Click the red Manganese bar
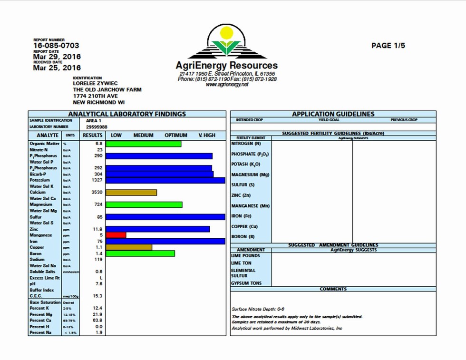(x=116, y=235)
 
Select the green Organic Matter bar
(x=143, y=143)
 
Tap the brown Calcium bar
(x=131, y=193)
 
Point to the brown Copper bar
(x=129, y=247)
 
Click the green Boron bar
(x=140, y=253)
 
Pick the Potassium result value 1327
(x=97, y=180)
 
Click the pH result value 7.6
(x=99, y=283)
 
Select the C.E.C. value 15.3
(x=97, y=296)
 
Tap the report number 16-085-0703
(x=56, y=46)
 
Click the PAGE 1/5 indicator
(x=388, y=46)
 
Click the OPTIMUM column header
(x=176, y=135)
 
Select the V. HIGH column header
(x=206, y=135)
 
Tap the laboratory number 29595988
(x=97, y=127)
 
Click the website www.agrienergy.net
(x=227, y=84)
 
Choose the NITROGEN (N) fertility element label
(x=246, y=144)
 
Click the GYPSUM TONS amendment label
(x=246, y=283)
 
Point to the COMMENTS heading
(x=333, y=289)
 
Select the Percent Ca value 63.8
(x=97, y=321)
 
